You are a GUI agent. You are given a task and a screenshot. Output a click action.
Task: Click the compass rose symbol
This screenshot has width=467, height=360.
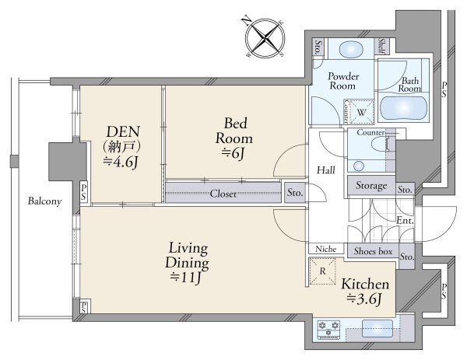[265, 38]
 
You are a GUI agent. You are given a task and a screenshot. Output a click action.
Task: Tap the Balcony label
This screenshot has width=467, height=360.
[44, 201]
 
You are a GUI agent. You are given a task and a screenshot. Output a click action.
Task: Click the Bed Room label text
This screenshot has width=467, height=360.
[234, 131]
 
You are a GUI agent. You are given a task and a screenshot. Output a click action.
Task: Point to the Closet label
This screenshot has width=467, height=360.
[223, 194]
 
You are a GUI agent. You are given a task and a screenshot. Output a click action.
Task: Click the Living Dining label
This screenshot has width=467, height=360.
[187, 256]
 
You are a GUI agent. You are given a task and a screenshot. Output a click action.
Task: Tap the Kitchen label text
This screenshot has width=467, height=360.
[365, 284]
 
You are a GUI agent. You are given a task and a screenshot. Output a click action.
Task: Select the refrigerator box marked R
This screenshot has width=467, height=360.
[322, 271]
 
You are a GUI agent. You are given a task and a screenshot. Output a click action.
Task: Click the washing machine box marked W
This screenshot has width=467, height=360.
[361, 112]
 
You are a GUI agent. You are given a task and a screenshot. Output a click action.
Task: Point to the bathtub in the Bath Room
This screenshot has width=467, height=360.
[403, 108]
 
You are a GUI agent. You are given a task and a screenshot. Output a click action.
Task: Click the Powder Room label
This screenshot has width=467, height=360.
[342, 81]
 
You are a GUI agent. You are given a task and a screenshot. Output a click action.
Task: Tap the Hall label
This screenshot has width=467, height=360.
[326, 170]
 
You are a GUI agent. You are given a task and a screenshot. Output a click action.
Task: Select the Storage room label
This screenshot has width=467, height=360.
[371, 186]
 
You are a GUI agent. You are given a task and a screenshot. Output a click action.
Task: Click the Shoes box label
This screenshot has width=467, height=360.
[373, 251]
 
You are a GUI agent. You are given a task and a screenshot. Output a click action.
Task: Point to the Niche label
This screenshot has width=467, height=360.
[326, 249]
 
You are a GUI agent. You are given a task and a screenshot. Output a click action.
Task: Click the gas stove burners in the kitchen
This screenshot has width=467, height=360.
[328, 328]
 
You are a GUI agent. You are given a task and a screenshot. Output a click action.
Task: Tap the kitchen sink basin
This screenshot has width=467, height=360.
[377, 328]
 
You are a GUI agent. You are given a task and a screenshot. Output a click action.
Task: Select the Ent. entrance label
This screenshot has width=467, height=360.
[405, 221]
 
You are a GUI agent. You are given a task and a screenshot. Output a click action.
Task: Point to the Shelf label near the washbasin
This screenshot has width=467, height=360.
[382, 46]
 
